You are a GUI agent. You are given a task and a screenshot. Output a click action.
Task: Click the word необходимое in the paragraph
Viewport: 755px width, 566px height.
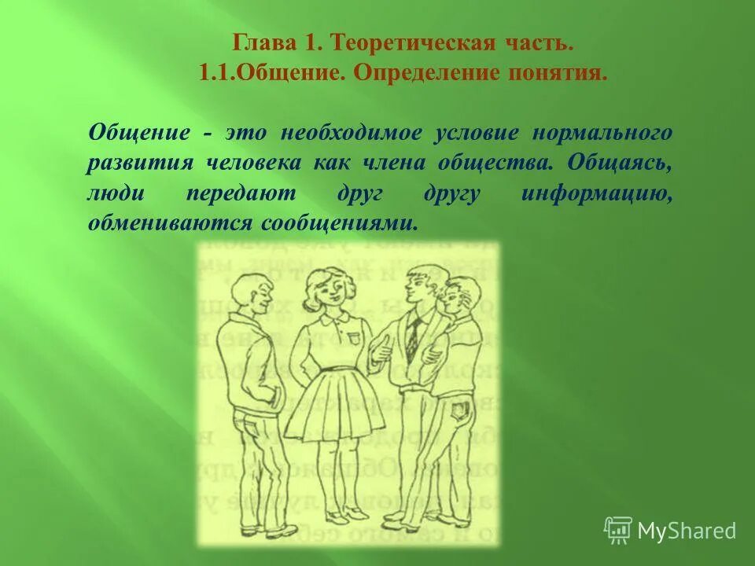347,131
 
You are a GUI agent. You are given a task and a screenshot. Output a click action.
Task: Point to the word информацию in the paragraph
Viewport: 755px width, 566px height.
596,194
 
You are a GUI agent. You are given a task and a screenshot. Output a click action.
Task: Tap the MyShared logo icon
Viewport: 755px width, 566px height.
617,531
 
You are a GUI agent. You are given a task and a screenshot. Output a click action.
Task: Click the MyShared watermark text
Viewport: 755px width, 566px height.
687,531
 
